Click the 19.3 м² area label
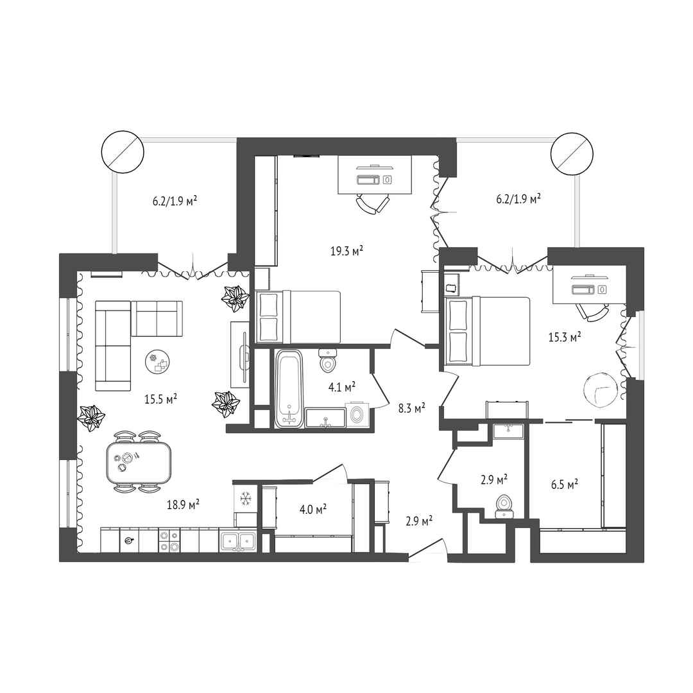347,251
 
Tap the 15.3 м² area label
565,338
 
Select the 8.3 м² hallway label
411,408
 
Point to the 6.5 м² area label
565,485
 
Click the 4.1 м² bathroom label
342,388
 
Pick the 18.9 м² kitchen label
183,504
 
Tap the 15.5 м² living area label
161,399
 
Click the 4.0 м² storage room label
313,509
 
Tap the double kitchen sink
238,540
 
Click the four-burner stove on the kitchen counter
169,540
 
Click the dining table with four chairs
138,463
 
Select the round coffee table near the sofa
158,362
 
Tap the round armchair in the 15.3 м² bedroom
600,389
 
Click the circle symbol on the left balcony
123,151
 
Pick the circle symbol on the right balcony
572,153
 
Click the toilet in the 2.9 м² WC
504,506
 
